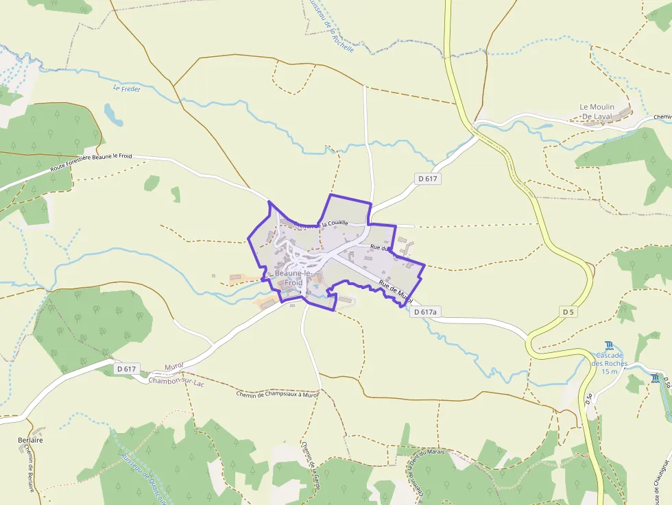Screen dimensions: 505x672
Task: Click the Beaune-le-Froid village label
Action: tap(289, 278)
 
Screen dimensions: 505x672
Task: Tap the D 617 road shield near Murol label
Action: tap(128, 369)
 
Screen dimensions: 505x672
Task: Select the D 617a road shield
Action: tap(425, 312)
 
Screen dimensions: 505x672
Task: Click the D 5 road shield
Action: tap(568, 312)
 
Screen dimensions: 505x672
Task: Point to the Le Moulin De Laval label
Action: tap(597, 112)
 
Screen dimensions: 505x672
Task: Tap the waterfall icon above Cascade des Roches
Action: tap(609, 345)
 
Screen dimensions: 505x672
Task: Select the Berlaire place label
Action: tap(31, 440)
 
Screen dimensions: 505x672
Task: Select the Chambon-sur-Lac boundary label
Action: tap(176, 382)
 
